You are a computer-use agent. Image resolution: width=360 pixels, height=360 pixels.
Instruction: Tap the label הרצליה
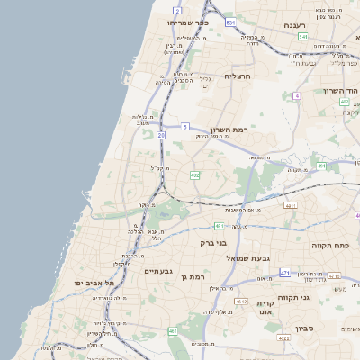(240, 77)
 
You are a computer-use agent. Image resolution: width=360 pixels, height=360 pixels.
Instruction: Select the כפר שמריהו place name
(188, 22)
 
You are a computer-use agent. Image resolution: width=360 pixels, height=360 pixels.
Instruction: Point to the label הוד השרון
(341, 91)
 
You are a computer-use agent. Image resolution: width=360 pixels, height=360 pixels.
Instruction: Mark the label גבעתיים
(158, 271)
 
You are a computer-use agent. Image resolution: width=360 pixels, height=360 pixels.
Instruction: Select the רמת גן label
(194, 276)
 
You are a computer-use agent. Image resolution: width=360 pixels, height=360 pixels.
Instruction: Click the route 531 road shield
(231, 22)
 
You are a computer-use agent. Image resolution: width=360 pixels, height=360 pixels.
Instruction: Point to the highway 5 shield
(184, 128)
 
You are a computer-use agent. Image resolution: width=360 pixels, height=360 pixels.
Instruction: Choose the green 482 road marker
(195, 175)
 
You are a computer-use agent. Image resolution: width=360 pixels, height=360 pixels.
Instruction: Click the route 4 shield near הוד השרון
(296, 94)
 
